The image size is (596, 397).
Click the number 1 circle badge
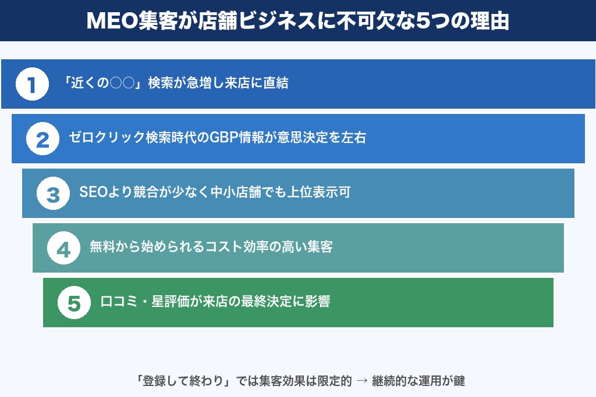click(32, 84)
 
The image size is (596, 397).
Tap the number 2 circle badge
click(42, 139)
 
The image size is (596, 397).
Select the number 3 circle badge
click(53, 194)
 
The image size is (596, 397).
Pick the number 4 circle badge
click(63, 248)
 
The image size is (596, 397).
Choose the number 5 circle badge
click(74, 303)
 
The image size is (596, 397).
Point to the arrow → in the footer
click(361, 381)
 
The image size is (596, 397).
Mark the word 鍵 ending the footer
click(459, 381)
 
